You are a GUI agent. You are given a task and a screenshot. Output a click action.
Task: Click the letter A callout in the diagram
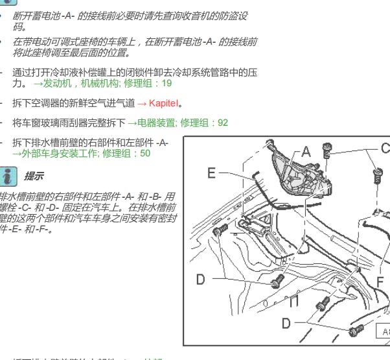coord(306,152)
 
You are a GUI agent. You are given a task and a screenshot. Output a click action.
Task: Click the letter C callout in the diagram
coord(385,149)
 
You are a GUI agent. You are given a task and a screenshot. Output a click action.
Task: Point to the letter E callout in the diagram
coord(211,173)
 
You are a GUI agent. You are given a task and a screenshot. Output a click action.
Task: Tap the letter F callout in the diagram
coord(381,282)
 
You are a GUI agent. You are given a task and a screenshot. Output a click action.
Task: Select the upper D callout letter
coord(201,280)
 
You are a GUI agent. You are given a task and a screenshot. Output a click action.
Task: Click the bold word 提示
coord(33,176)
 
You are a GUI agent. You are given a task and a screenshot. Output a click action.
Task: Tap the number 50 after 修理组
coord(144,153)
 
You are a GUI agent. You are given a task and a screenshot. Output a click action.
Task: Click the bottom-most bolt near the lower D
coord(354,331)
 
